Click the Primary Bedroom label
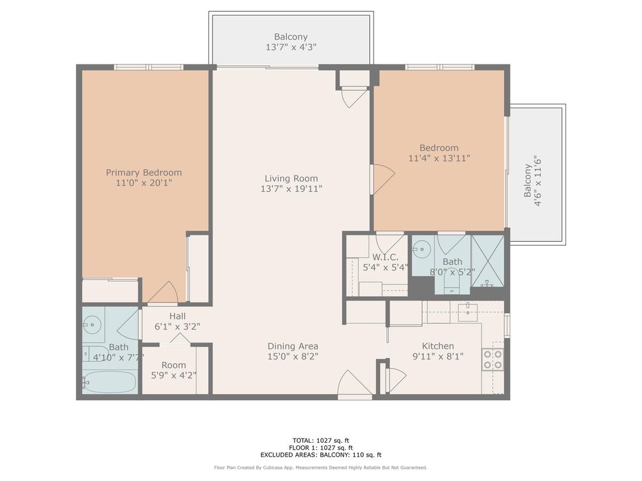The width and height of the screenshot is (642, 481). click(144, 173)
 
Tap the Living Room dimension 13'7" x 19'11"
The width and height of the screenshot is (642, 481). click(291, 189)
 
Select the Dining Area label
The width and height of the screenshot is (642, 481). click(293, 346)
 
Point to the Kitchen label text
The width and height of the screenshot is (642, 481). click(438, 346)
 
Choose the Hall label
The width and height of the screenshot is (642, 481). click(177, 316)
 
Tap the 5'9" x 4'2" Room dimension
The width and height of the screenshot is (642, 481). click(174, 376)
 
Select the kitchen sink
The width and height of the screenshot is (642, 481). click(467, 311)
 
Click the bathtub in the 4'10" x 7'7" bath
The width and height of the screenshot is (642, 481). click(110, 381)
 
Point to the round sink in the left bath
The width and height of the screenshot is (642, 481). click(93, 324)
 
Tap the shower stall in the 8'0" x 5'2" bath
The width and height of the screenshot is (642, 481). click(488, 260)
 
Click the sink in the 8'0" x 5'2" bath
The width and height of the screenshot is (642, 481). click(423, 249)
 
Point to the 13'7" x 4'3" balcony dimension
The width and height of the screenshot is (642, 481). click(291, 47)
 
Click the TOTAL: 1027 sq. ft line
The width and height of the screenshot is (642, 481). click(320, 440)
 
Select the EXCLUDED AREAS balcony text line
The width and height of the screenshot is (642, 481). click(320, 455)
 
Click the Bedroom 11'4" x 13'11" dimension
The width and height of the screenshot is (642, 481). click(439, 158)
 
